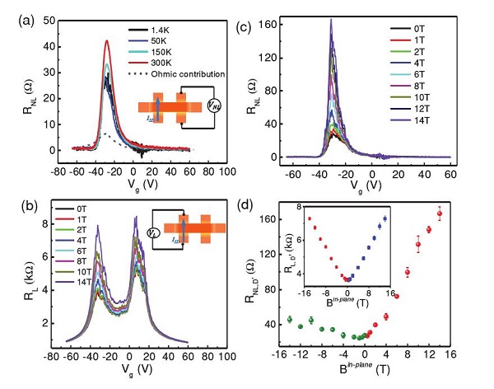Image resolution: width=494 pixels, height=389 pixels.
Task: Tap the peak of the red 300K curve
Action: tap(107, 40)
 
